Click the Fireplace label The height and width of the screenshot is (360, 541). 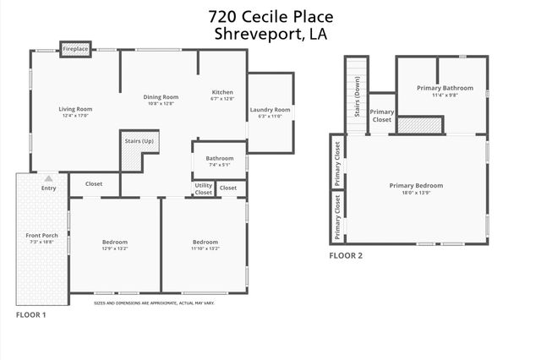coord(75,50)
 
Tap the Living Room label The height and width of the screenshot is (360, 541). coord(75,109)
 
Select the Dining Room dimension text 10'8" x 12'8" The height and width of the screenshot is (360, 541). coord(160,104)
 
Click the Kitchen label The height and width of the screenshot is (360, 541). coord(222,92)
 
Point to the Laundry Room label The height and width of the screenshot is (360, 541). coord(270,110)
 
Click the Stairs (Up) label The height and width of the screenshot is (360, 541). coord(139,141)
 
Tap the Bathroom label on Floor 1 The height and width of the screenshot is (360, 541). coord(219,158)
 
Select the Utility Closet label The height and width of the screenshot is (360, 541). coord(204,188)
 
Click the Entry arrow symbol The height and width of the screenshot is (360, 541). coord(49,178)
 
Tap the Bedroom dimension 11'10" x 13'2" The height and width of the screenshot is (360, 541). coord(205,248)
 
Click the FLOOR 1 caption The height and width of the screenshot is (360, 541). coord(31,314)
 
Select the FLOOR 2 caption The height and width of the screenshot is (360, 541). coord(346,255)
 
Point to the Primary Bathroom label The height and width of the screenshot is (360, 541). coord(445,88)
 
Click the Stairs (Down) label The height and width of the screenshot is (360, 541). coord(358,99)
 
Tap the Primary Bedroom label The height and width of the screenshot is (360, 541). coord(416,185)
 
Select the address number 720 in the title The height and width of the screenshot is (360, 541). coord(223,16)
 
